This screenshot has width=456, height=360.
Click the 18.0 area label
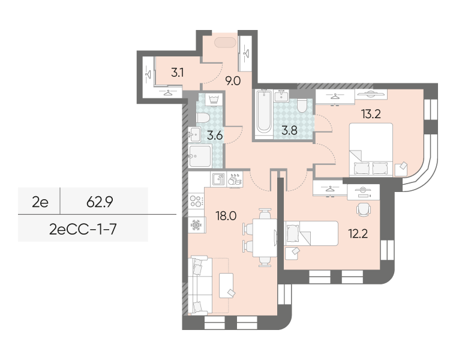(226, 216)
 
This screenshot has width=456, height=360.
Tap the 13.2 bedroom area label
(371, 114)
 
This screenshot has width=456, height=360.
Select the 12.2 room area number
(358, 233)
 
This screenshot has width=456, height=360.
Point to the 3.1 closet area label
(177, 72)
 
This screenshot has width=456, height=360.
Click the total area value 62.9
(100, 202)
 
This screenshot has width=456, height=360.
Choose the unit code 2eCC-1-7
(83, 229)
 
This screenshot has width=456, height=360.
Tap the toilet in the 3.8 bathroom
(302, 106)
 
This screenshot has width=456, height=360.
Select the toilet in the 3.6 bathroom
(203, 118)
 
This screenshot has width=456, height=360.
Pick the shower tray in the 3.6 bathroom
(200, 156)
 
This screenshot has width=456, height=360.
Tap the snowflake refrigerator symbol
(196, 225)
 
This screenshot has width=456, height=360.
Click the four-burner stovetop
(196, 200)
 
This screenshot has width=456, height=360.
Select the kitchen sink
(218, 179)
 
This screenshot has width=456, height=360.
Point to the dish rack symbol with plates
(235, 179)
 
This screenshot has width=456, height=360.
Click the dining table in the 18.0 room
(265, 237)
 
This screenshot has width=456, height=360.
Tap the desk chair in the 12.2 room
(364, 209)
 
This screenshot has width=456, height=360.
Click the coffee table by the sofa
(226, 285)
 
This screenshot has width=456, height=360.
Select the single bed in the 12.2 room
(311, 233)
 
